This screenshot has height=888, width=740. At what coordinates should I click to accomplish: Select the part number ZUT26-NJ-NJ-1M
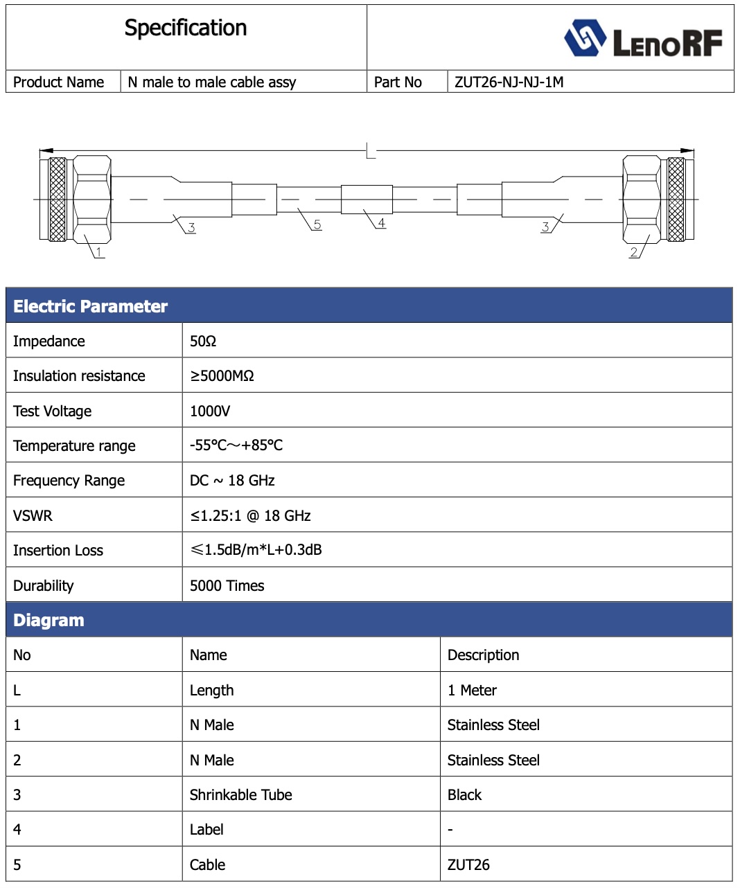click(x=509, y=82)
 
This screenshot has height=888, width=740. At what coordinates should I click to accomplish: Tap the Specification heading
click(x=186, y=28)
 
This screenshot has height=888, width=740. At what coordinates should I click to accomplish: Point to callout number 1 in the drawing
click(x=99, y=252)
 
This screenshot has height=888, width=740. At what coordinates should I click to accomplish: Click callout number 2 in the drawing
click(x=634, y=252)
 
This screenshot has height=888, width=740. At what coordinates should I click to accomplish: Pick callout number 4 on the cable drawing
click(x=381, y=222)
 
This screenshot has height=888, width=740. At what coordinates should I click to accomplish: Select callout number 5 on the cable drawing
click(x=317, y=224)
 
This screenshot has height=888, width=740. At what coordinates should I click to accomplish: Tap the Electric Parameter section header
click(x=91, y=306)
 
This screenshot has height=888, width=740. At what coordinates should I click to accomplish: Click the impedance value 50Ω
click(x=203, y=341)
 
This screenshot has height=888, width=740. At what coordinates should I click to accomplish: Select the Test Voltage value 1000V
click(x=210, y=411)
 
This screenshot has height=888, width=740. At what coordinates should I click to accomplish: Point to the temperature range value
click(x=236, y=445)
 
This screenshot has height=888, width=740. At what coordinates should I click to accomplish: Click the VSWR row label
click(x=33, y=516)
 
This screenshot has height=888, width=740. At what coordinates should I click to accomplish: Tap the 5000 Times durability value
click(x=227, y=586)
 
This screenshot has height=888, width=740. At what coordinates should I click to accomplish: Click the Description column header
click(x=483, y=655)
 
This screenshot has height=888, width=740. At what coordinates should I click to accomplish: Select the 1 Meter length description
click(x=472, y=691)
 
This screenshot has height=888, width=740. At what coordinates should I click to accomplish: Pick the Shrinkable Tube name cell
click(x=241, y=795)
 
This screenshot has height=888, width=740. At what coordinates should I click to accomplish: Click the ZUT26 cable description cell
click(x=468, y=865)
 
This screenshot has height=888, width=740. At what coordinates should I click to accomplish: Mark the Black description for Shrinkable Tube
click(x=464, y=795)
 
